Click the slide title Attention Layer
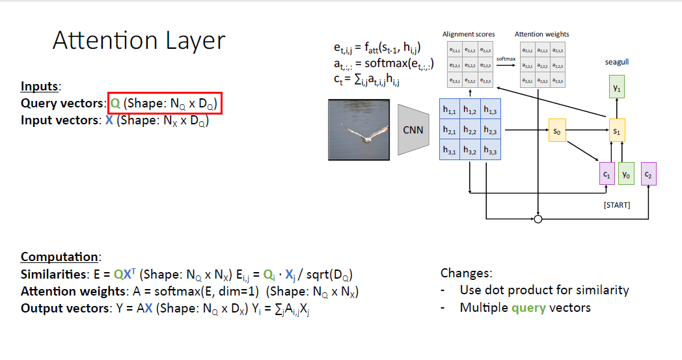[139, 41]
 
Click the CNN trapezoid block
[413, 130]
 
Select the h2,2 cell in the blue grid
[471, 131]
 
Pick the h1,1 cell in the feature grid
[450, 110]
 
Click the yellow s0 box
[556, 131]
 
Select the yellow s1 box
[617, 131]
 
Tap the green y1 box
[617, 87]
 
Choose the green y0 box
[625, 174]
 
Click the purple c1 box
[607, 174]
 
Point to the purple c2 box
[648, 174]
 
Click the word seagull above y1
[616, 62]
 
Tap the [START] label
[616, 205]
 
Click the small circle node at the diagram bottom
[538, 219]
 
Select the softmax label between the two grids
[506, 59]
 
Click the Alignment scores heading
[468, 34]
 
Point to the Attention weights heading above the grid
[541, 34]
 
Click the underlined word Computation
[60, 256]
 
